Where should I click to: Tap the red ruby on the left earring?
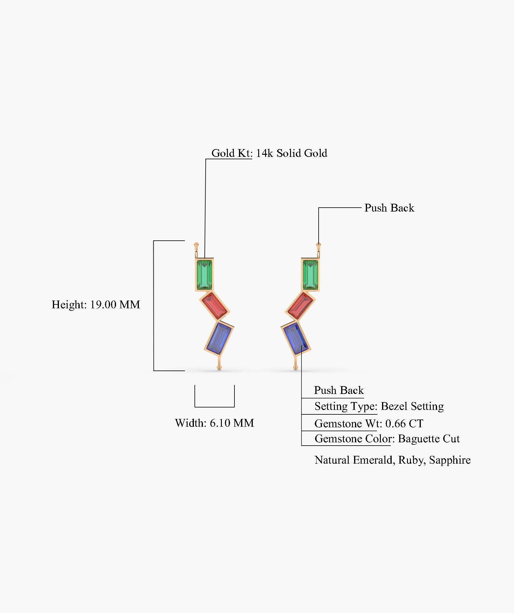tap(215, 306)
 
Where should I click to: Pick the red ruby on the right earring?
tap(300, 306)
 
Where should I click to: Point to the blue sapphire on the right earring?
tap(296, 339)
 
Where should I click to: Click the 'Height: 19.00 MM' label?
tap(96, 304)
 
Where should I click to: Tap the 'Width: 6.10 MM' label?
tap(215, 423)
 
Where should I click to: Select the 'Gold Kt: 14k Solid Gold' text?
tap(269, 153)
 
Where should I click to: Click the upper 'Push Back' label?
tap(389, 208)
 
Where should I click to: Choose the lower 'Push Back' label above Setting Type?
tap(339, 390)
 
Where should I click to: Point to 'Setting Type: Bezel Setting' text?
tap(379, 406)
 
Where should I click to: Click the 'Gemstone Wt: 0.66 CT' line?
tap(369, 424)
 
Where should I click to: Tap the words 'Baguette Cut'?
tap(429, 439)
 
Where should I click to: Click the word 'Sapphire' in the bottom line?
tap(450, 460)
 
